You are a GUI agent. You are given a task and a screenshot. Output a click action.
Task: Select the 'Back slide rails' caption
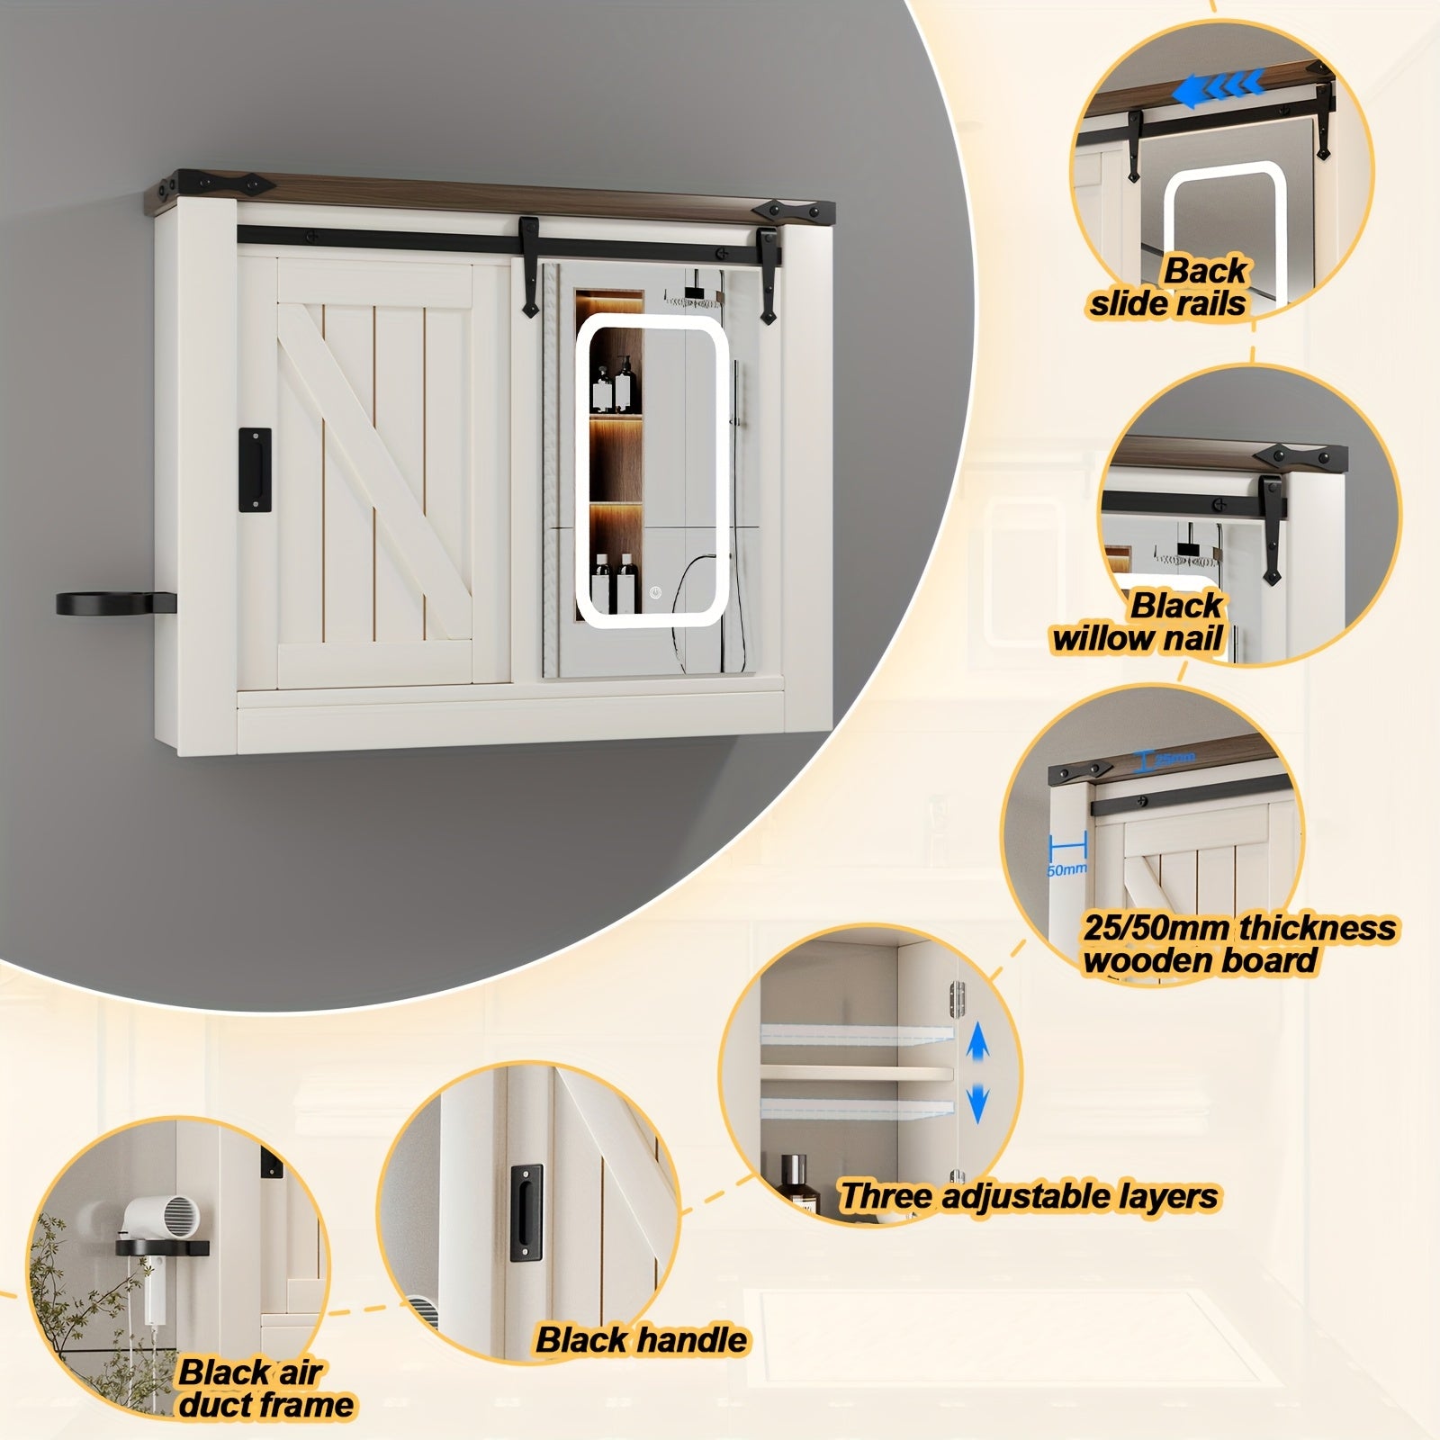[x=1168, y=286]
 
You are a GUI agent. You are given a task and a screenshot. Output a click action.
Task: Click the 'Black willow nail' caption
[x=1139, y=622]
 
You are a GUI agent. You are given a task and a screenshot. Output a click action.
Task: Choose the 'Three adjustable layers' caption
[x=1028, y=1196]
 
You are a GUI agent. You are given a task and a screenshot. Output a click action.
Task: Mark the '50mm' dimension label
[x=1066, y=869]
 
